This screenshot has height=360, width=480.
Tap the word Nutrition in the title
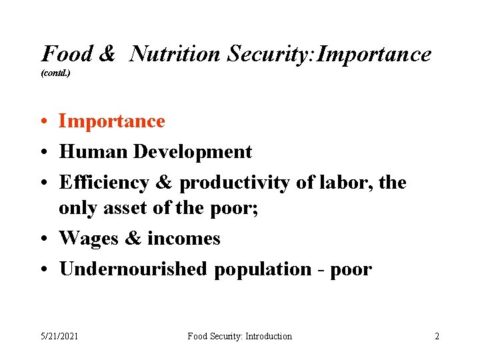pyautogui.click(x=175, y=54)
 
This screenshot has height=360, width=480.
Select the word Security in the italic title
pyautogui.click(x=270, y=54)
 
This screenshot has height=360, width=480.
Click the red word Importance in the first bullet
pyautogui.click(x=112, y=121)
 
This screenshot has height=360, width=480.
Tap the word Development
pyautogui.click(x=193, y=152)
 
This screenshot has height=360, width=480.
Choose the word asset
pyautogui.click(x=126, y=208)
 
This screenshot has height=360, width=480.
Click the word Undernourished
pyautogui.click(x=133, y=269)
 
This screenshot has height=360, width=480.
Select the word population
pyautogui.click(x=262, y=269)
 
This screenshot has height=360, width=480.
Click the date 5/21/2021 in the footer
pyautogui.click(x=59, y=336)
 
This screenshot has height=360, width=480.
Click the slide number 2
pyautogui.click(x=437, y=336)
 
